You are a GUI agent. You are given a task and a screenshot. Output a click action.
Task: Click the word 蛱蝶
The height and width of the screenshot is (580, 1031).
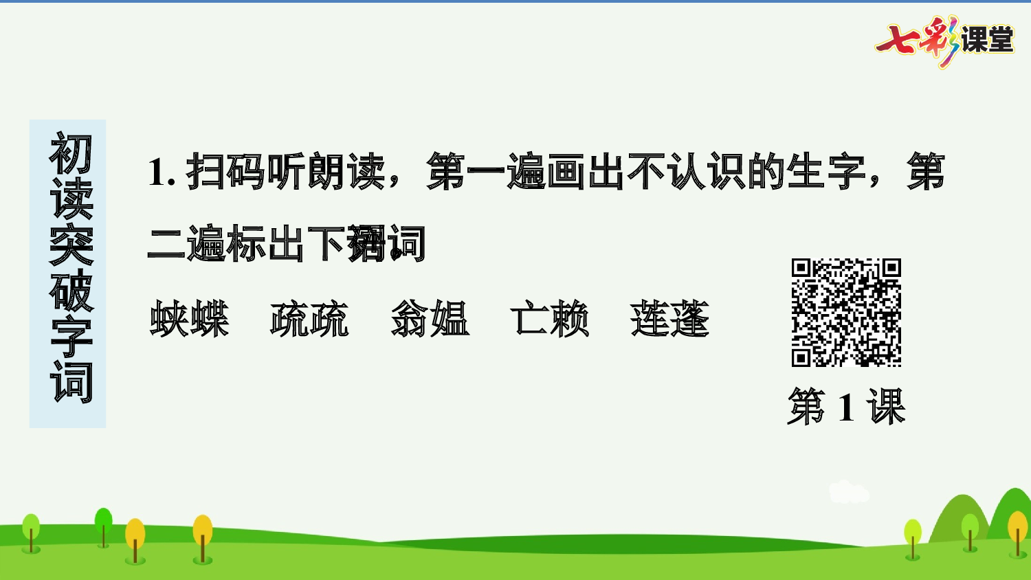point(189,320)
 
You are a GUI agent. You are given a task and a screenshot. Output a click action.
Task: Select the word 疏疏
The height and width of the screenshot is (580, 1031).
point(309,320)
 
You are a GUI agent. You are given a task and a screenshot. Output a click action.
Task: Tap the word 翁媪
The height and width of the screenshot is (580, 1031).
point(430,320)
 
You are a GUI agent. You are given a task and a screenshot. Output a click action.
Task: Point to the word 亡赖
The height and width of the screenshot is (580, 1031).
point(550,320)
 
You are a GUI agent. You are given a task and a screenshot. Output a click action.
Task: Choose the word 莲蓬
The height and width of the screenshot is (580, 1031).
point(669,320)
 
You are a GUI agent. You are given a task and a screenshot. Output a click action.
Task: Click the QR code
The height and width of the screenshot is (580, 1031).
point(846,313)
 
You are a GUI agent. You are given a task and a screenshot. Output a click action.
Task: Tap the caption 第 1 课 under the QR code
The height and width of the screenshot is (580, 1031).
point(846,406)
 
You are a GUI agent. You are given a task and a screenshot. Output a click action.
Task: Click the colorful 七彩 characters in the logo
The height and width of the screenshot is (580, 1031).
point(918,40)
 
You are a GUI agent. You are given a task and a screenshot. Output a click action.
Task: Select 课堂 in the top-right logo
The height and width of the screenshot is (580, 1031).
point(987,40)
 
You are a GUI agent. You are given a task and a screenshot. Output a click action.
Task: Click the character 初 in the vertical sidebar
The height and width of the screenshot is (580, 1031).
point(70,154)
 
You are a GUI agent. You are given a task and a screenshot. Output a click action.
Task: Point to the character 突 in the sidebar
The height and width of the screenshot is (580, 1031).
point(70,245)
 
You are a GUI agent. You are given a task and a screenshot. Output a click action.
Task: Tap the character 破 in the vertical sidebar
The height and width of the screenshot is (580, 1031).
point(70,291)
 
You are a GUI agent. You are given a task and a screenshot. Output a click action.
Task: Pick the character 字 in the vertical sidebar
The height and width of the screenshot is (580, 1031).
point(70,337)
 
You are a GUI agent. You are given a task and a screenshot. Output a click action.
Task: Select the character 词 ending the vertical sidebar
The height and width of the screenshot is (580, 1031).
point(70,381)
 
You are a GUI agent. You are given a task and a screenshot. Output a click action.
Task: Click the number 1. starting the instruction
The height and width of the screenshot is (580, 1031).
point(162,172)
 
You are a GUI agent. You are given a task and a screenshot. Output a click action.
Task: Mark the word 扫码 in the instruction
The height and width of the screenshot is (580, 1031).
point(225,172)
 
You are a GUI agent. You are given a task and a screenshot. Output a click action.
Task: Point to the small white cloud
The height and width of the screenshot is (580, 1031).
point(849,492)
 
